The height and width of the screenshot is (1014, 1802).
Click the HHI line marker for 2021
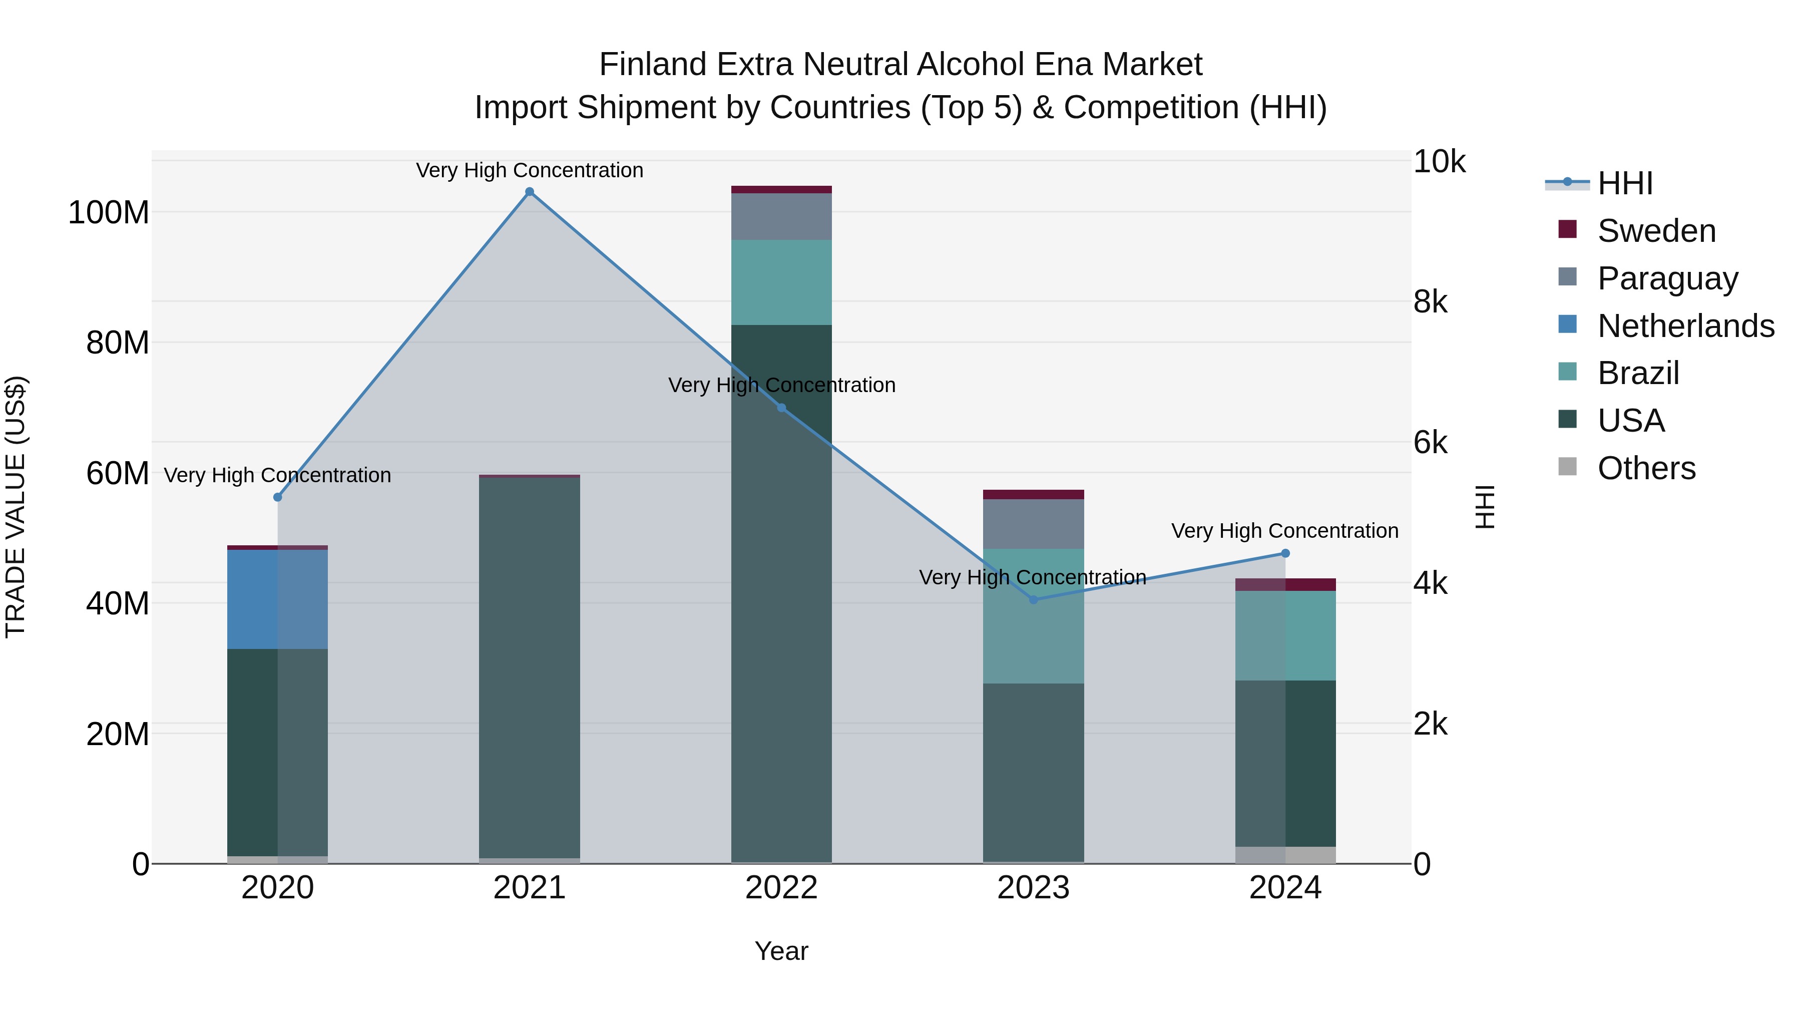[530, 192]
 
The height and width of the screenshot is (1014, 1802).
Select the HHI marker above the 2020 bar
[278, 497]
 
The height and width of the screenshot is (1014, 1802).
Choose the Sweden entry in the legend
[1656, 231]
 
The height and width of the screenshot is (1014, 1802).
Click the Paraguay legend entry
[1667, 278]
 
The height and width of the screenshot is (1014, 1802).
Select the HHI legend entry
[1624, 183]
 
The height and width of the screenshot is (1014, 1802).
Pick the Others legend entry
[1646, 468]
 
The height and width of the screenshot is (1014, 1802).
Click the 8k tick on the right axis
[1430, 302]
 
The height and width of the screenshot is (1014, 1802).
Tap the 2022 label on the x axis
[781, 888]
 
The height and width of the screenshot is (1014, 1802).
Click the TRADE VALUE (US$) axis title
[16, 507]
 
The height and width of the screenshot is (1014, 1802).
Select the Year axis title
[781, 951]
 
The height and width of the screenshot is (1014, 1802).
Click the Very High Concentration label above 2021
[530, 170]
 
